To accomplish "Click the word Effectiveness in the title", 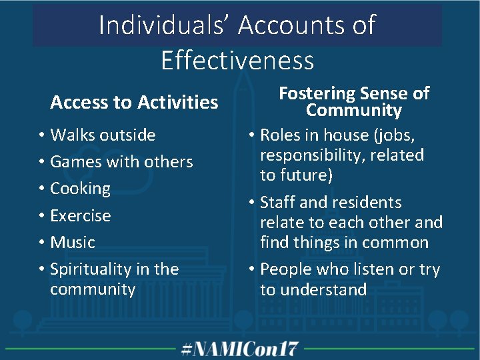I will (237, 61).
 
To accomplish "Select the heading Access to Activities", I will (134, 102).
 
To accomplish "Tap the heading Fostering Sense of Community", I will (353, 101).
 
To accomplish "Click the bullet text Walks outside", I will (103, 135).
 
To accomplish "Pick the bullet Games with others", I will (121, 161).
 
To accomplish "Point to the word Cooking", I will (80, 189).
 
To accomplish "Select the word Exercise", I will (81, 215).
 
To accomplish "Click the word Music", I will (73, 242).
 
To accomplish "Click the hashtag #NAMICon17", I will (241, 348).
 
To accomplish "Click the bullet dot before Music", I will (41, 243).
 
